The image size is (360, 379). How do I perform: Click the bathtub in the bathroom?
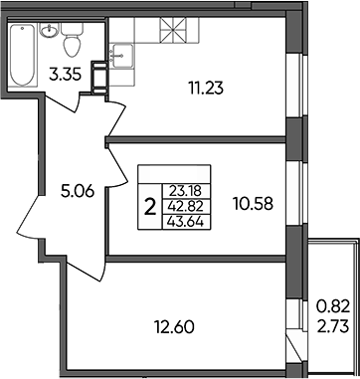[x=22, y=55]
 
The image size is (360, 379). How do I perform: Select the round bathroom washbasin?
[x=50, y=30]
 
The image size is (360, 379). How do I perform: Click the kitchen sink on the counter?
[x=121, y=56]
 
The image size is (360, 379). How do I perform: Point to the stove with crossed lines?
[x=173, y=30]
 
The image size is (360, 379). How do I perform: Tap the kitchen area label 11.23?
[x=206, y=89]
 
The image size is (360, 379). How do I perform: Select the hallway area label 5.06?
[x=79, y=191]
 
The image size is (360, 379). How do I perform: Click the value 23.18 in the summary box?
[x=186, y=191]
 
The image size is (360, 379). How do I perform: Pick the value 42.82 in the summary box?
[x=186, y=207]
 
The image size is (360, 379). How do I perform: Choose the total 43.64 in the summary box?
[x=186, y=222]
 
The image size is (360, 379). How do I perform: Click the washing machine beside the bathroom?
[x=99, y=78]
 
